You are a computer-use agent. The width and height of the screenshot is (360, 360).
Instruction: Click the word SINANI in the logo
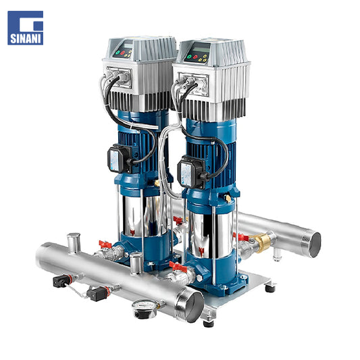[26, 38]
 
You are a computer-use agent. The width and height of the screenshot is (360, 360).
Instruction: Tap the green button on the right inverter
[190, 56]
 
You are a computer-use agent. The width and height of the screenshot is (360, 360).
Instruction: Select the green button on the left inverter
[118, 53]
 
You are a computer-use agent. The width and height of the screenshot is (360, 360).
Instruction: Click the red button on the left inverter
[123, 53]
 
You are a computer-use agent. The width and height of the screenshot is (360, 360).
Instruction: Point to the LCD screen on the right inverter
[201, 49]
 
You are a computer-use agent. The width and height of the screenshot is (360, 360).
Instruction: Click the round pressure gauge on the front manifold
[145, 309]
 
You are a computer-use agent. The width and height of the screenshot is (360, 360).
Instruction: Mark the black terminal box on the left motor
[118, 159]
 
